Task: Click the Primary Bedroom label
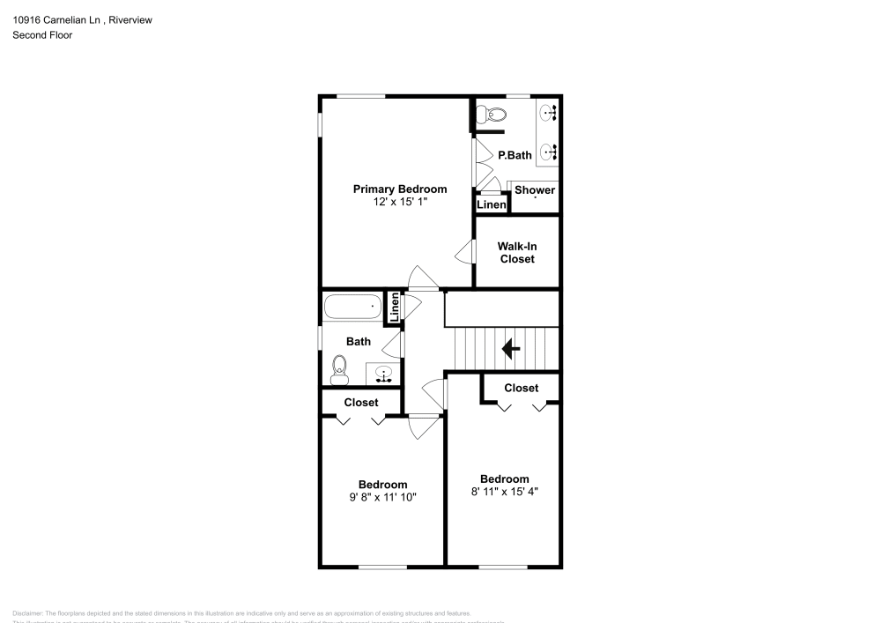[x=399, y=189]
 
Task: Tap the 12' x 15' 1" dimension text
[x=400, y=202]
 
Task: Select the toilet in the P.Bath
[x=492, y=114]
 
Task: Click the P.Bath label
[x=515, y=155]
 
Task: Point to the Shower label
[x=535, y=190]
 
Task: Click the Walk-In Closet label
[x=517, y=253]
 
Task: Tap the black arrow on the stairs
[x=510, y=349]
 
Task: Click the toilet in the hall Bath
[x=339, y=369]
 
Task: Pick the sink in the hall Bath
[x=384, y=375]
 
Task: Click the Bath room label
[x=358, y=342]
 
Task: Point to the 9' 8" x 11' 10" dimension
[x=382, y=497]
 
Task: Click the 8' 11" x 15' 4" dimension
[x=504, y=492]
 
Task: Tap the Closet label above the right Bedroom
[x=521, y=388]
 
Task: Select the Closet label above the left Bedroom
[x=361, y=403]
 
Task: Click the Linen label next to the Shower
[x=492, y=205]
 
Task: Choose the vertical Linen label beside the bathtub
[x=395, y=308]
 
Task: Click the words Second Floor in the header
[x=42, y=35]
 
